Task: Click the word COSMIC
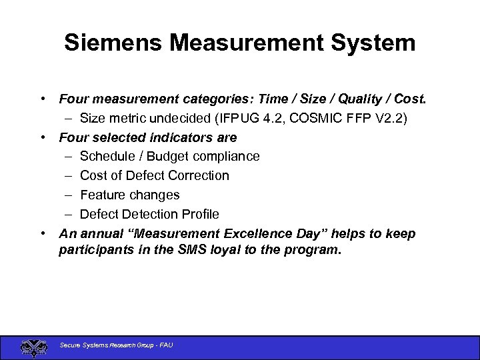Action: (x=333, y=118)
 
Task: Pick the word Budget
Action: (x=169, y=156)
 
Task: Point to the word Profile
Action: (x=198, y=214)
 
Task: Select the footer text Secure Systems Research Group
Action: (x=107, y=345)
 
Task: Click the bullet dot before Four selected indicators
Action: (x=42, y=137)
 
